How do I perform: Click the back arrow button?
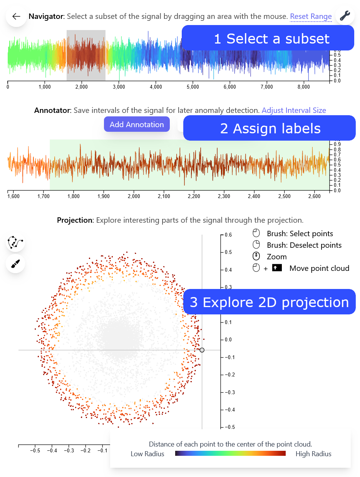tap(16, 17)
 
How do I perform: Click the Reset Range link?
tap(311, 17)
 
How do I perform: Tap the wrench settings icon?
tap(345, 16)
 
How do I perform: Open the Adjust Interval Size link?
tap(294, 111)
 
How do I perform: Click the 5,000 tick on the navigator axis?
tap(193, 87)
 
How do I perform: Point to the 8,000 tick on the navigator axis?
tap(303, 87)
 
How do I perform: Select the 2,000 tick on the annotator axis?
tap(134, 197)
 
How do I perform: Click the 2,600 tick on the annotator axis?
tap(314, 197)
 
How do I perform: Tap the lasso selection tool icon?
tap(15, 243)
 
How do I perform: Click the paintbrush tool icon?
tap(15, 264)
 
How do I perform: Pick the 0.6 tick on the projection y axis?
tap(228, 235)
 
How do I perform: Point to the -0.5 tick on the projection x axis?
tap(35, 450)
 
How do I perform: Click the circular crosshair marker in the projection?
tap(202, 350)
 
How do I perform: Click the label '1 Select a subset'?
tap(271, 39)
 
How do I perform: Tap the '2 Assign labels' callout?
tap(270, 128)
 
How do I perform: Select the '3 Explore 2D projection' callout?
tap(269, 302)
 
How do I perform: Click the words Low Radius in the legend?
tap(147, 454)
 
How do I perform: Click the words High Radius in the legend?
tap(313, 454)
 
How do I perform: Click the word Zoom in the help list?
tap(276, 257)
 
